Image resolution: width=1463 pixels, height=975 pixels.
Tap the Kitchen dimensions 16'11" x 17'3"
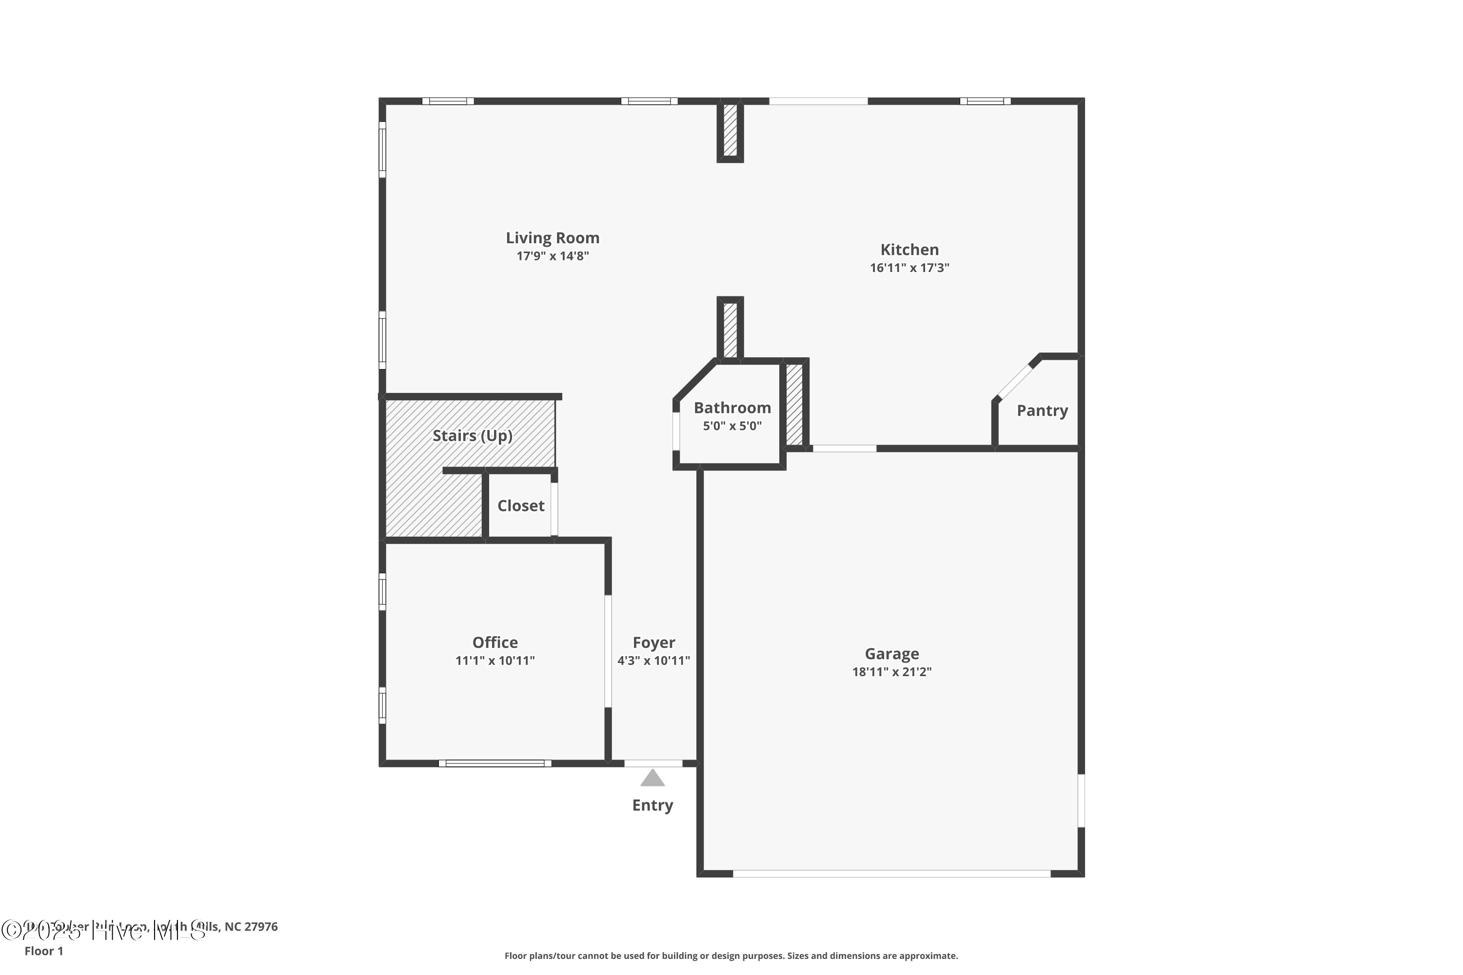pyautogui.click(x=909, y=268)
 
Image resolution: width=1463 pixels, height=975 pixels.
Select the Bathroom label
pyautogui.click(x=732, y=408)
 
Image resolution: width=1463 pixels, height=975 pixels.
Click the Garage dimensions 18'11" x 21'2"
pyautogui.click(x=891, y=672)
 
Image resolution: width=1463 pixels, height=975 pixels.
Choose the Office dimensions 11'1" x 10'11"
pyautogui.click(x=494, y=661)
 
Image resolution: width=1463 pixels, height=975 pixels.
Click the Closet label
pyautogui.click(x=521, y=506)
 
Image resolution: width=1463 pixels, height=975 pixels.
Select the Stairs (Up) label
pyautogui.click(x=472, y=435)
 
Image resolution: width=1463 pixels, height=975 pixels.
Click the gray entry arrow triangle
pyautogui.click(x=652, y=779)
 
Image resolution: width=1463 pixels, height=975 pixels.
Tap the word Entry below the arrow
pyautogui.click(x=652, y=805)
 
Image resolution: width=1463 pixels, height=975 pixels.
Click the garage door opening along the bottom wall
pyautogui.click(x=891, y=874)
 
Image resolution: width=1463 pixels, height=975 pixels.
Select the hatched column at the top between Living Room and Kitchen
pyautogui.click(x=730, y=131)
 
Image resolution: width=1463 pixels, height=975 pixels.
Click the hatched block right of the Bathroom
pyautogui.click(x=794, y=404)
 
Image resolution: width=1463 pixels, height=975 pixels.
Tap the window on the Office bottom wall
pyautogui.click(x=494, y=763)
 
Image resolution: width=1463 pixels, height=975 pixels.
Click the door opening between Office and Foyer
pyautogui.click(x=608, y=651)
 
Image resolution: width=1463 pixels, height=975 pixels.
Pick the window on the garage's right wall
pyautogui.click(x=1081, y=800)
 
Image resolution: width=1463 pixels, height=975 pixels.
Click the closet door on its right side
pyautogui.click(x=554, y=508)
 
